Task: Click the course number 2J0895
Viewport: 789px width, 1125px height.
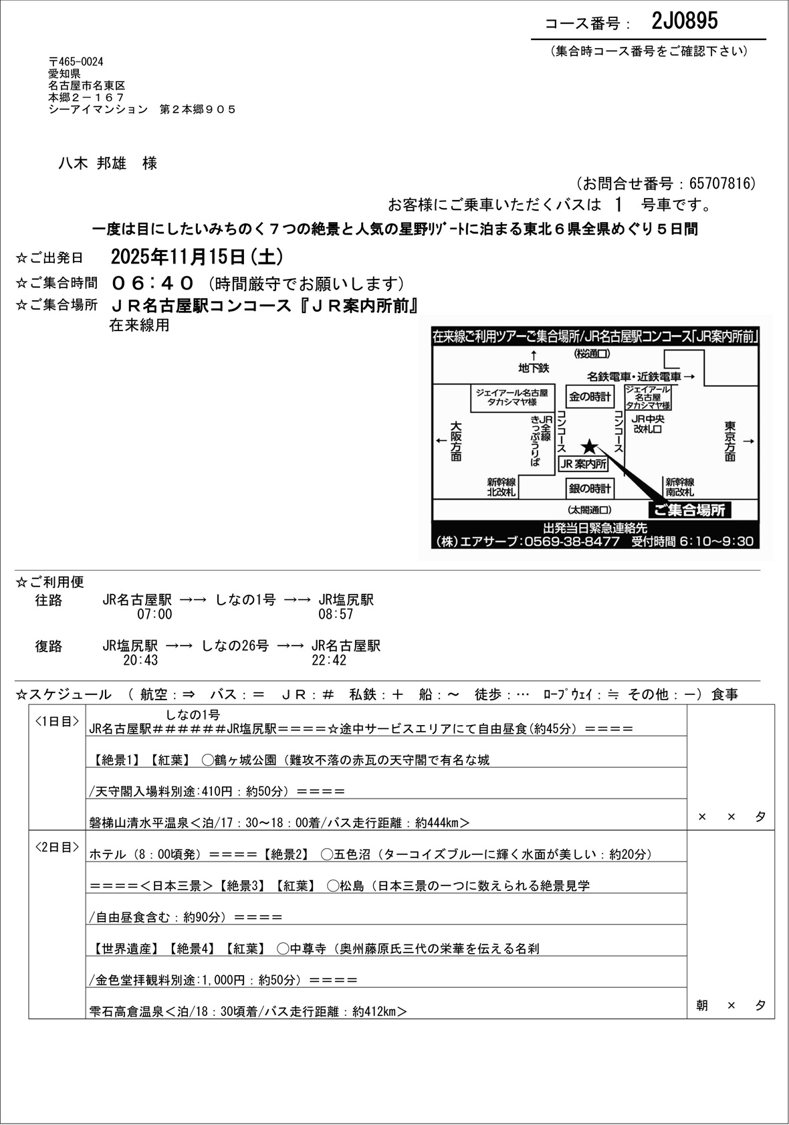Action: coord(684,21)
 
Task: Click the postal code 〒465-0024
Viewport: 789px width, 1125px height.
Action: coord(76,62)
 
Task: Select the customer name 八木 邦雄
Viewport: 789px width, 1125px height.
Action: coord(94,163)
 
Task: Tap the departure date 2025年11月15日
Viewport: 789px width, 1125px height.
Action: coord(179,257)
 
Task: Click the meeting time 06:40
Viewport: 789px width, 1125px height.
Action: coord(153,283)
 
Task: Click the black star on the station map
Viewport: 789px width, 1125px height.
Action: coord(589,446)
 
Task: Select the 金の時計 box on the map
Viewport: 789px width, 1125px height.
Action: coord(589,397)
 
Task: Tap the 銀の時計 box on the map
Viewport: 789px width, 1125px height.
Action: coord(589,488)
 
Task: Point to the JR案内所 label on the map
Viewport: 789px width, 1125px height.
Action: coord(583,464)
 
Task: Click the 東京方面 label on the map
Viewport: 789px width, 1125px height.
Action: coord(729,441)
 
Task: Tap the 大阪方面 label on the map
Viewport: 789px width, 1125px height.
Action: coord(456,441)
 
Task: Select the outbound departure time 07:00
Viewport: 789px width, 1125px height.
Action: coord(154,614)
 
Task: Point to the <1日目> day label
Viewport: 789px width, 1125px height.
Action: coord(57,721)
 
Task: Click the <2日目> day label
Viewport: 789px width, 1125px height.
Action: coord(57,847)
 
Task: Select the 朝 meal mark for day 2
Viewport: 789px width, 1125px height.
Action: coord(701,1005)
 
